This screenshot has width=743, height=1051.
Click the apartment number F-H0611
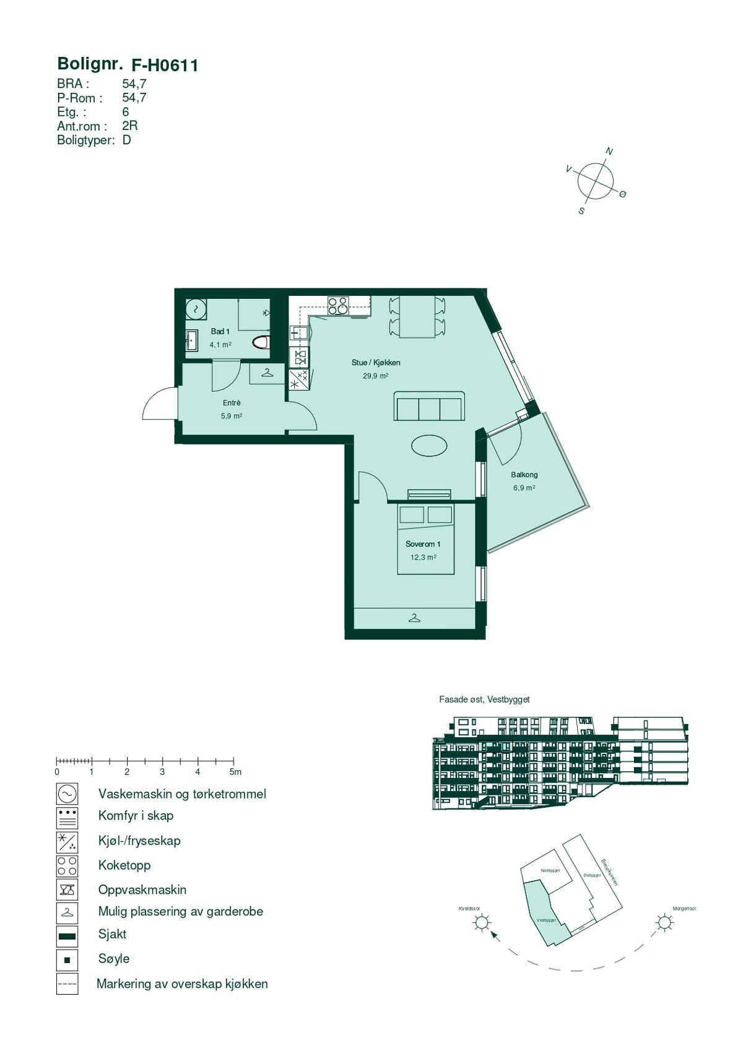[165, 66]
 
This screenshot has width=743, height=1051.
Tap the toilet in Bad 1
[261, 342]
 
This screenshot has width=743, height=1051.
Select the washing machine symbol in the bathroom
[196, 308]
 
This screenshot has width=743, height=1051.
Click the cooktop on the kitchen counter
[338, 306]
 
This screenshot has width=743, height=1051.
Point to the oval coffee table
[429, 445]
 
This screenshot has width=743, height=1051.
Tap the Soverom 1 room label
[423, 544]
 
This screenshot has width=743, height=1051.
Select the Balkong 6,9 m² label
[524, 481]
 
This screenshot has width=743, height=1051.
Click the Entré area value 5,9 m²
[232, 416]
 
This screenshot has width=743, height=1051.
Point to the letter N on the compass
[609, 152]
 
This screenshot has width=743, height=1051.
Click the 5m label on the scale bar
[235, 772]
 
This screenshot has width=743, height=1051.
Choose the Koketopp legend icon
[67, 865]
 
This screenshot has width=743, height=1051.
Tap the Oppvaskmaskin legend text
[142, 889]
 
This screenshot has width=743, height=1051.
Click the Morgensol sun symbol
[664, 923]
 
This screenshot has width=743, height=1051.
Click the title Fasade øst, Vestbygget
[484, 699]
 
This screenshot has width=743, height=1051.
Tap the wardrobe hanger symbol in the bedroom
[414, 617]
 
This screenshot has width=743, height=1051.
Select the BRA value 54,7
[134, 84]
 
